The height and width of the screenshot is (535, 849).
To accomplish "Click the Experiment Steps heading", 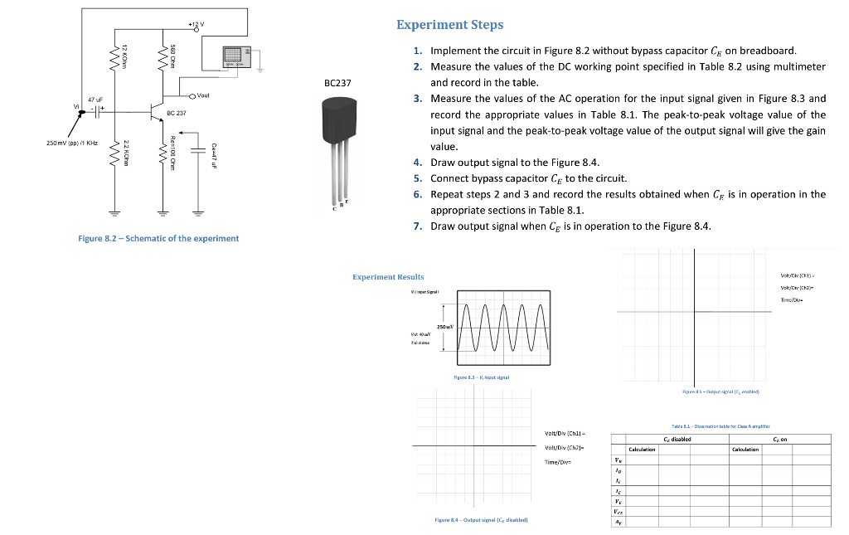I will coord(449,25).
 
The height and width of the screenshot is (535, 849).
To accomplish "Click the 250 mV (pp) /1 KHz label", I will coord(73,143).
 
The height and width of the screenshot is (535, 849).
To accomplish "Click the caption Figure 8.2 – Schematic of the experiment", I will coord(158,238).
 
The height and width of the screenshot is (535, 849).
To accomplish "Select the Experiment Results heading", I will coord(388,277).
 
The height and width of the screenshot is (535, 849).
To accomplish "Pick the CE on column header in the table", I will coord(779,440).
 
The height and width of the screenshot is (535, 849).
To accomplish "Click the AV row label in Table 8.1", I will coord(616,522).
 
